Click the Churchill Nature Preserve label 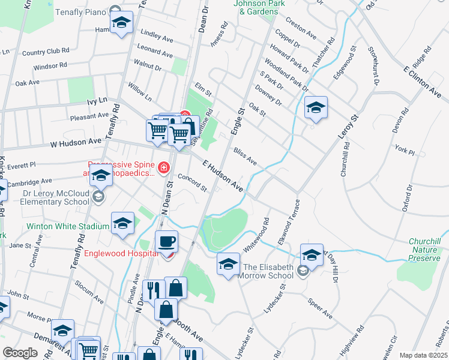[424, 250]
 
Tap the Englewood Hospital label [121, 253]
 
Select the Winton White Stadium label [68, 227]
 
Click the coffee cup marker [166, 242]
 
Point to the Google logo [20, 352]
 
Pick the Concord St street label [192, 184]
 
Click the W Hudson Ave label [76, 143]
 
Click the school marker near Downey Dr [316, 108]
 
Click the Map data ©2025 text [424, 355]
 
